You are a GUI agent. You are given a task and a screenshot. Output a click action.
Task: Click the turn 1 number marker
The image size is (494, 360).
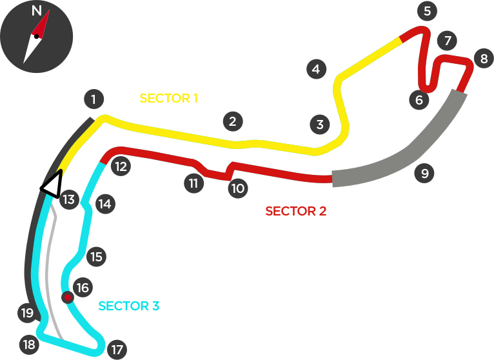point(94,99)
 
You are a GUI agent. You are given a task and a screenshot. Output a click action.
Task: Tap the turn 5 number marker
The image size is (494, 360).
point(426,11)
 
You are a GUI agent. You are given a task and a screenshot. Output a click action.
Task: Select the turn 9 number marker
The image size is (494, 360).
point(424,174)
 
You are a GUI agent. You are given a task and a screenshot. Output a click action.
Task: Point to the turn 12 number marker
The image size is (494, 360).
point(120,167)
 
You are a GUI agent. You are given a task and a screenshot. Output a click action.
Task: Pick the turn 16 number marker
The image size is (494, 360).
point(83,287)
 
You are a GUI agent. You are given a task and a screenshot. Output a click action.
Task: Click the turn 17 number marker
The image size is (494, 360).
point(116,350)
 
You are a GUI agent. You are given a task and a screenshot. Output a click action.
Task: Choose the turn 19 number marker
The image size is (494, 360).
point(26,314)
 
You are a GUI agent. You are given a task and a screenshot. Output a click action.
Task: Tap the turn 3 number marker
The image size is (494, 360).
point(319,125)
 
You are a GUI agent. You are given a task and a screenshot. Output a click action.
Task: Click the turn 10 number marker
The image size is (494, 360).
point(237,188)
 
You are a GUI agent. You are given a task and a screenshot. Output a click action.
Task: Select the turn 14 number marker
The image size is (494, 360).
point(104,205)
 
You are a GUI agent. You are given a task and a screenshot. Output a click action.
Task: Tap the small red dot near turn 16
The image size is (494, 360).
point(66,297)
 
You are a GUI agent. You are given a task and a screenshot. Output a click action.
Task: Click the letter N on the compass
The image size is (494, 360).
point(36,11)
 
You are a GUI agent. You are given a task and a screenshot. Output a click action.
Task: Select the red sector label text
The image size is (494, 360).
point(294,210)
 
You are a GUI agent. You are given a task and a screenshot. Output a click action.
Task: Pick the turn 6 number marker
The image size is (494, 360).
point(419,100)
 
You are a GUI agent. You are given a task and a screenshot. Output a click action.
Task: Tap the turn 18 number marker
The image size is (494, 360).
point(28,345)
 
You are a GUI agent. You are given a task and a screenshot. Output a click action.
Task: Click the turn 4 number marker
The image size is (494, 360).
point(315,69)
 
